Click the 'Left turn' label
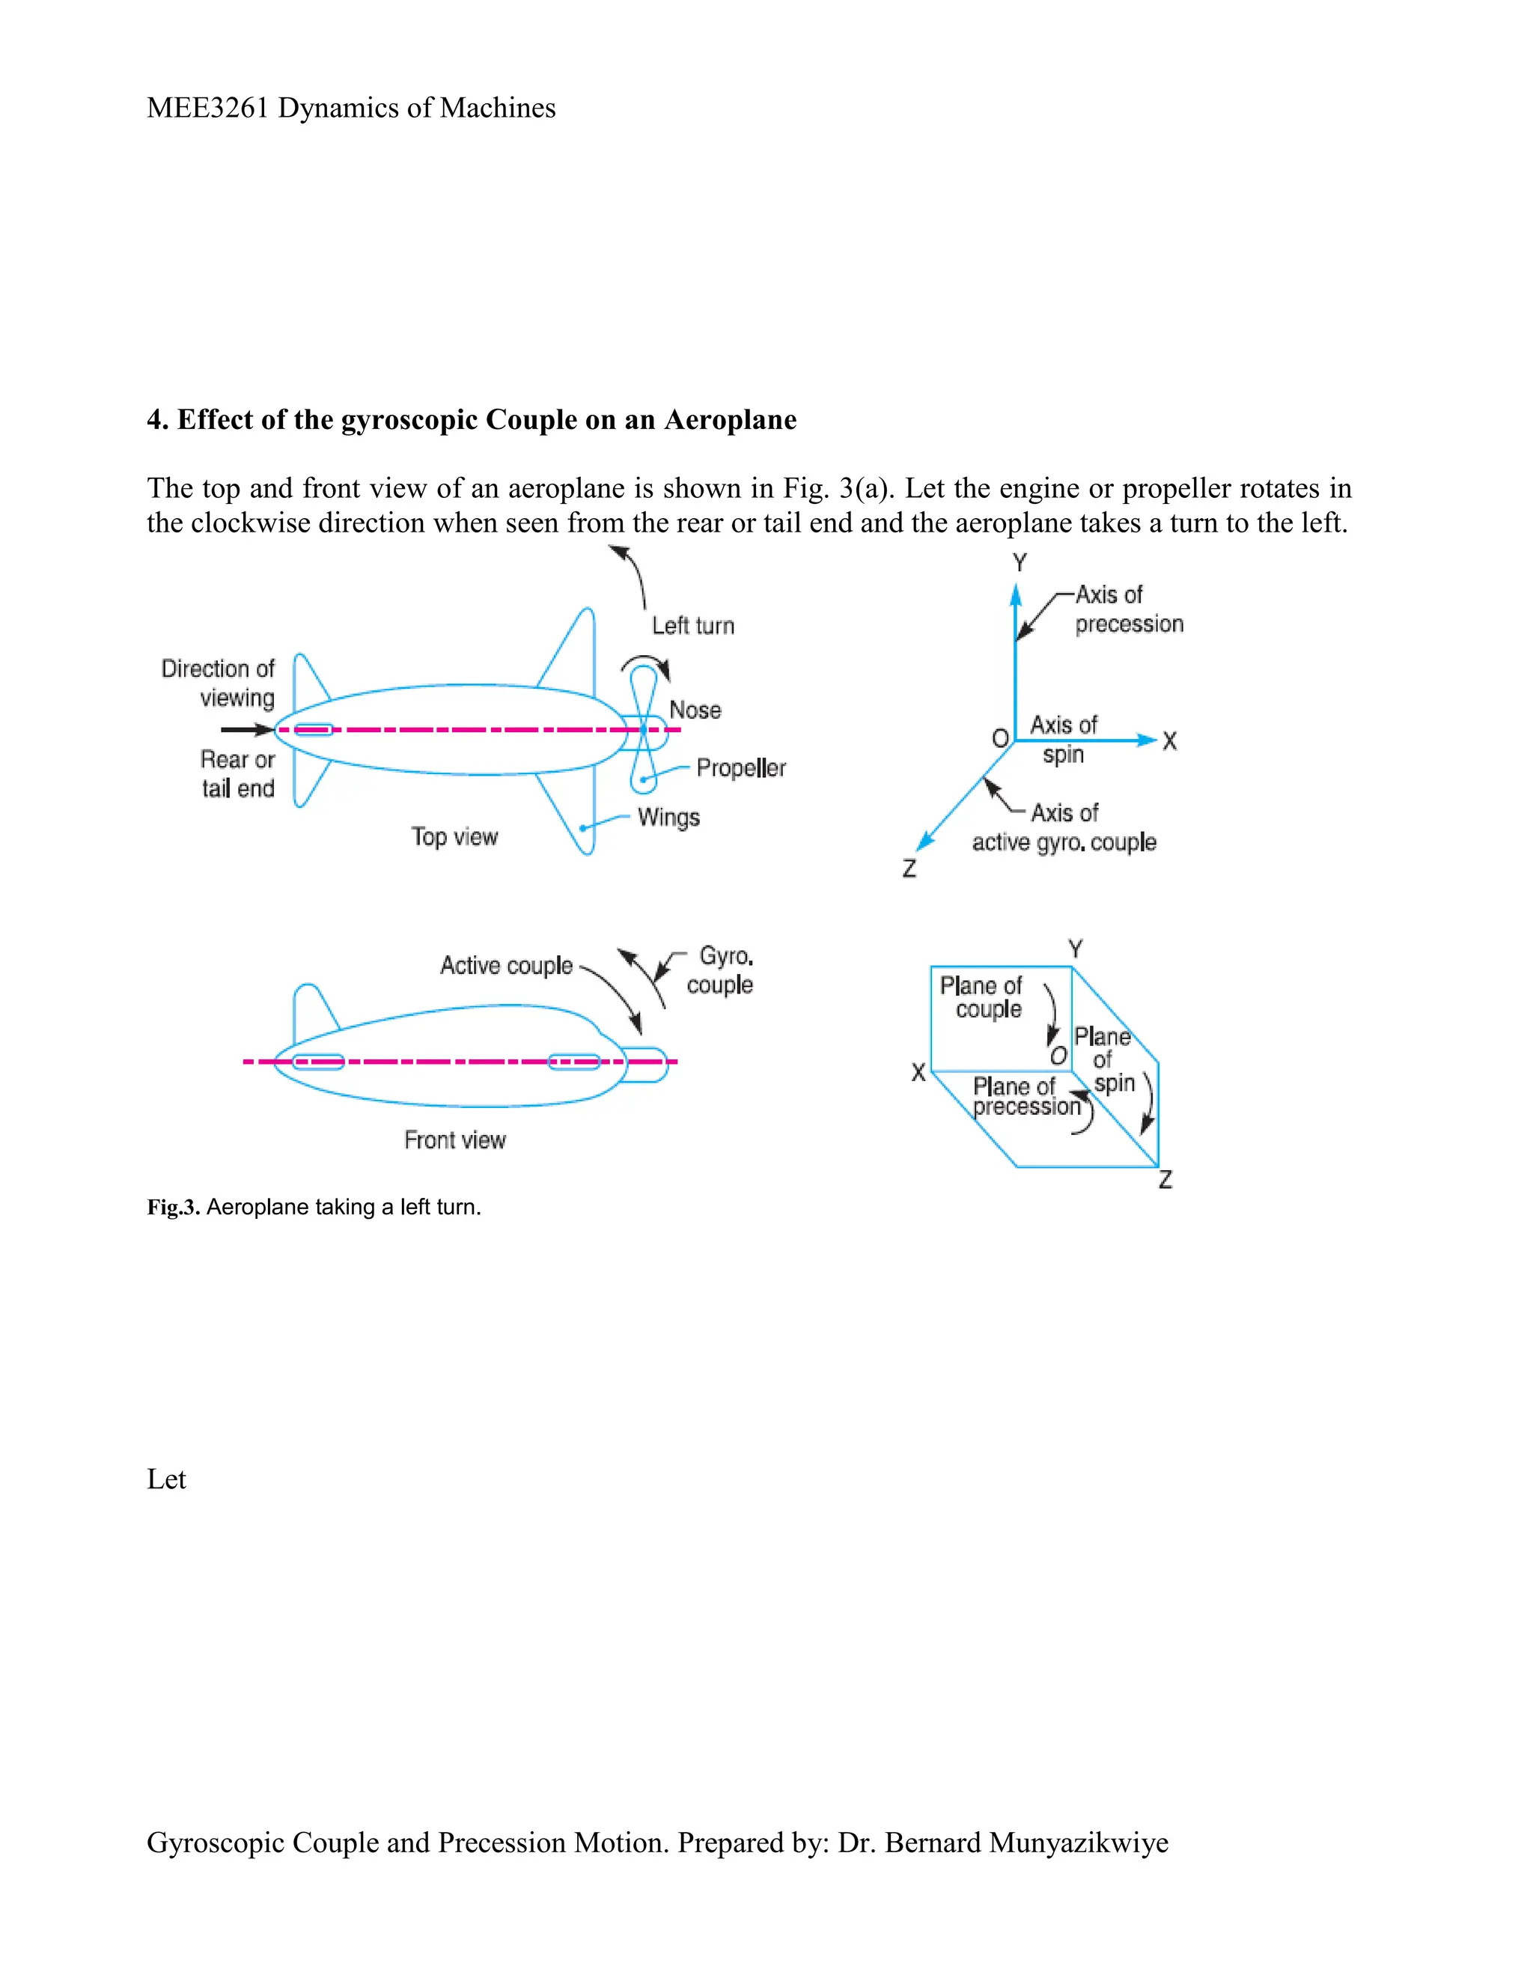[693, 626]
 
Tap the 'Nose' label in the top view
[695, 710]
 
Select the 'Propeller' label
[741, 769]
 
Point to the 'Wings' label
[668, 818]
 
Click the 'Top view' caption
[454, 837]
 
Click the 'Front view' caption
[454, 1140]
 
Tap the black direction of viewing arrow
[246, 729]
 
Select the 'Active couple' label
[506, 966]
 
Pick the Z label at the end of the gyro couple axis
[909, 869]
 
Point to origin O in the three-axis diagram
[1000, 738]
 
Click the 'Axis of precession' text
[1128, 609]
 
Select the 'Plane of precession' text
[1025, 1097]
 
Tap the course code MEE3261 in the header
[208, 108]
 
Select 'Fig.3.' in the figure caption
[173, 1208]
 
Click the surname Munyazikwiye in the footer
[1078, 1843]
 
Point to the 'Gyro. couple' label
[721, 970]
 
